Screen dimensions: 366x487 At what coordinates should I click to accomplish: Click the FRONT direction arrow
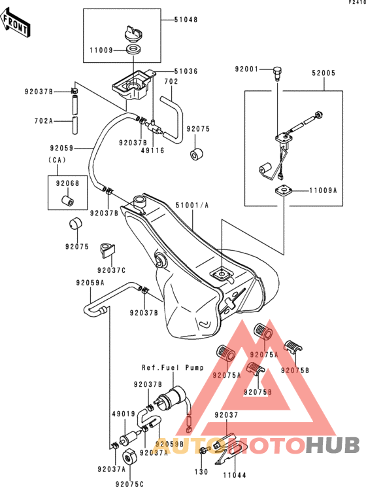(15, 23)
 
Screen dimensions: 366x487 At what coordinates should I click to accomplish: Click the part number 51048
(186, 20)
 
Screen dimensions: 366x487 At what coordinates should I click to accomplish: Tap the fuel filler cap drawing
(133, 33)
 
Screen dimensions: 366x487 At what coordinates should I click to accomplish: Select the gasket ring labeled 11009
(133, 50)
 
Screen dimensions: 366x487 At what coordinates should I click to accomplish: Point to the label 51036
(186, 71)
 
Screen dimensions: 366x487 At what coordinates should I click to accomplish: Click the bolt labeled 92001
(276, 73)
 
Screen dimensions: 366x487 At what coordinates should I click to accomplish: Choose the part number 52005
(324, 73)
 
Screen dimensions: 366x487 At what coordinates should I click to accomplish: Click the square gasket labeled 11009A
(284, 190)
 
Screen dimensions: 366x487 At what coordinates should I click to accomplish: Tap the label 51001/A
(192, 206)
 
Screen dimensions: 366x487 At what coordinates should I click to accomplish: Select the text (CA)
(58, 160)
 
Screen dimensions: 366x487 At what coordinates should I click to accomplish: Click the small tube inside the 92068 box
(67, 200)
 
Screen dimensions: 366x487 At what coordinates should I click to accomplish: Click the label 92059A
(90, 283)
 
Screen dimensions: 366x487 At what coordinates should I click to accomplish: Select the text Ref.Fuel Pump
(173, 368)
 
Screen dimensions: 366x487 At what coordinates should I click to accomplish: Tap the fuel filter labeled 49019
(129, 437)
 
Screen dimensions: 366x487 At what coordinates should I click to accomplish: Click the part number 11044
(235, 475)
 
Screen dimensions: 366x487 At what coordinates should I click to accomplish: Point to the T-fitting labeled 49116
(153, 126)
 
